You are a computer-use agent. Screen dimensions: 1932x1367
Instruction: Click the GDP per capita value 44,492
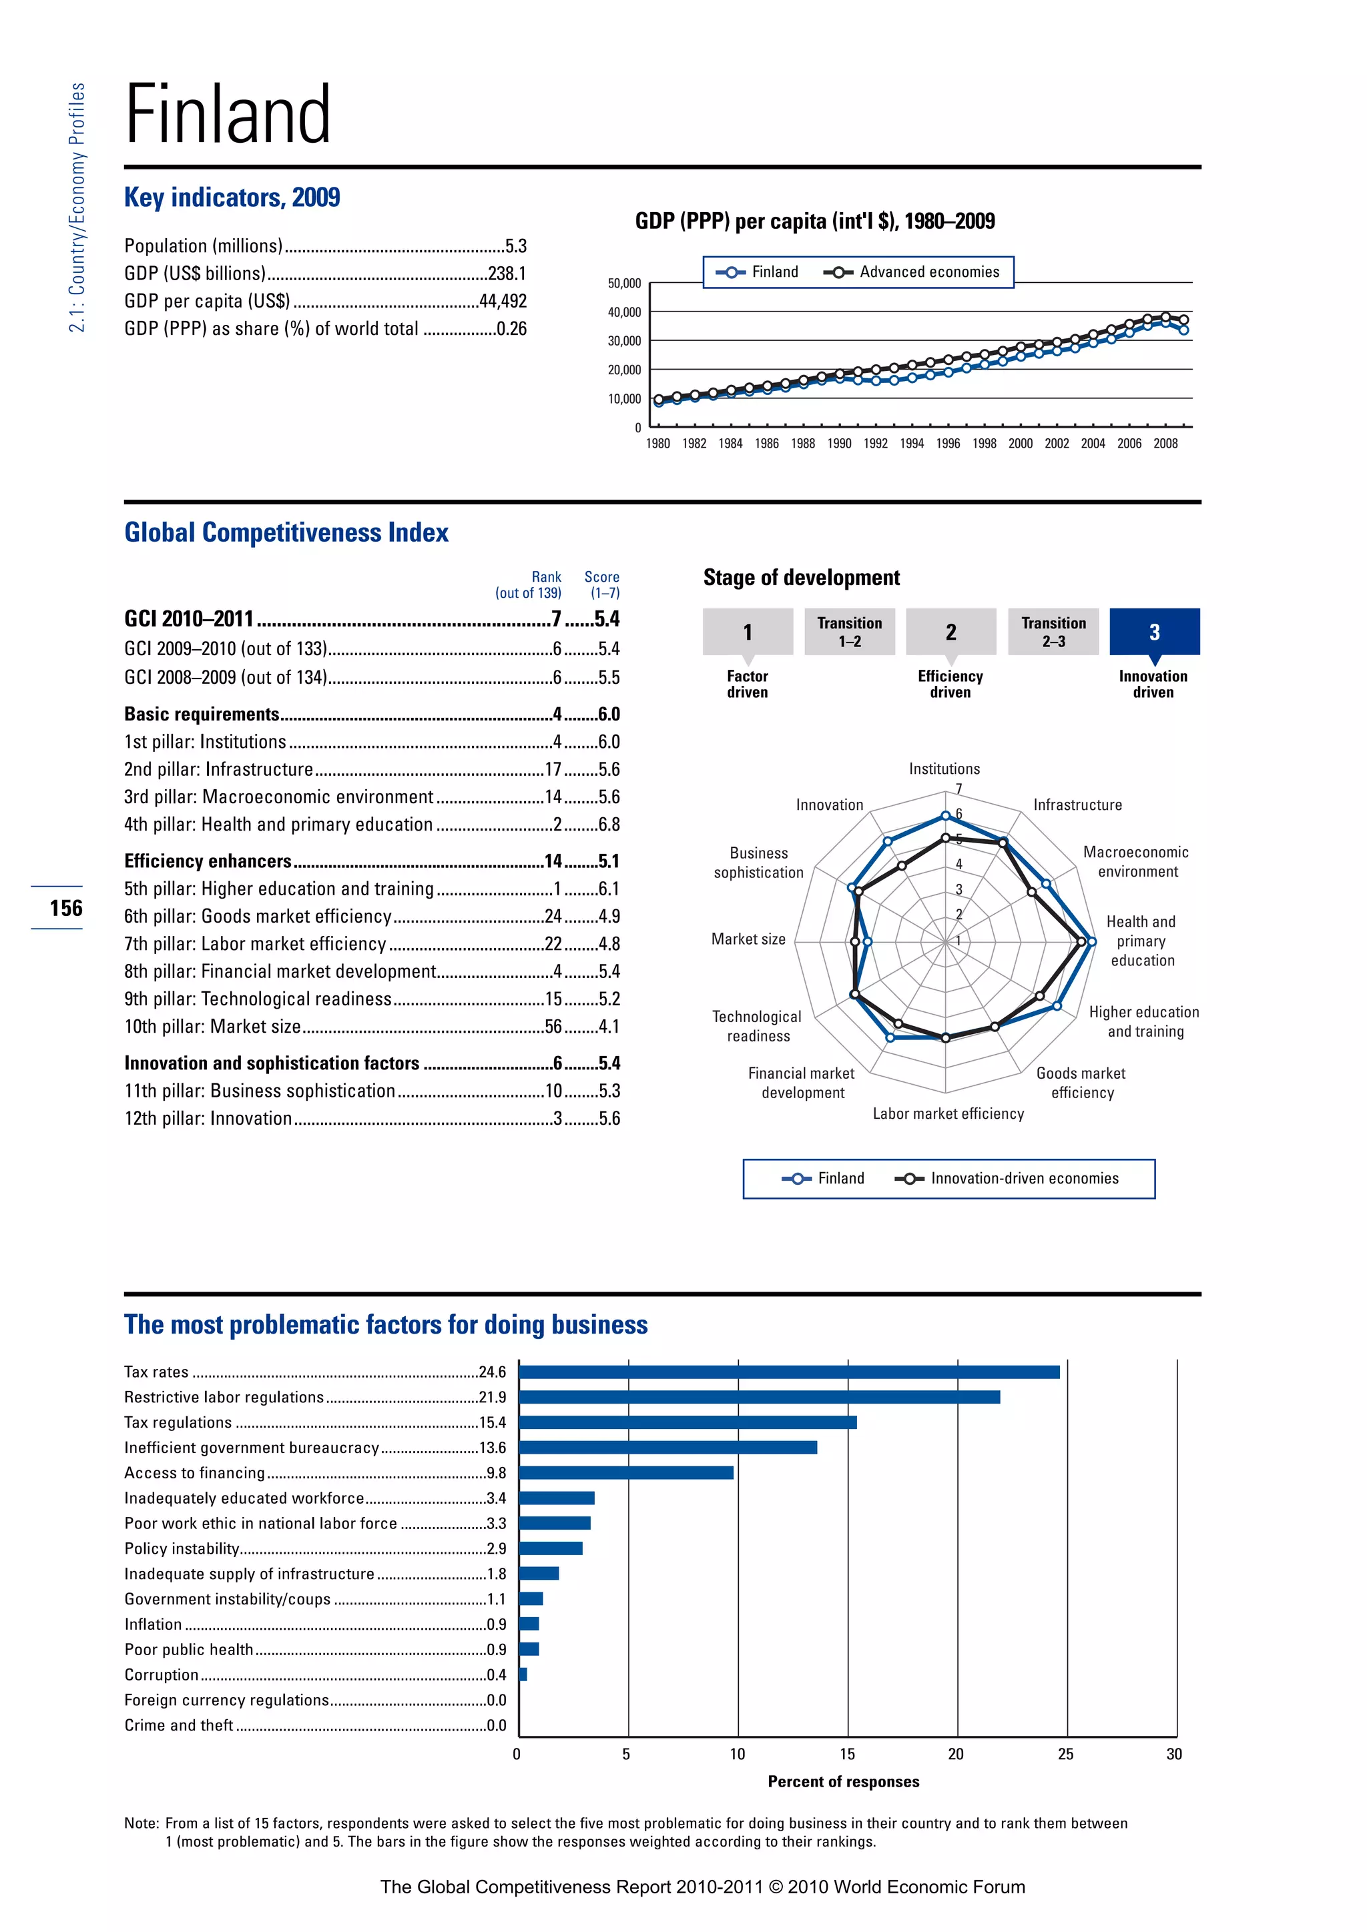[503, 302]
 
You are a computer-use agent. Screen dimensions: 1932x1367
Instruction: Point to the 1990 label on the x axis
[838, 444]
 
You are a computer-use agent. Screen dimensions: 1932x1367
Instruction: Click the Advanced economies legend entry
[912, 272]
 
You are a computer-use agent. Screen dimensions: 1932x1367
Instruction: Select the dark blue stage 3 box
[1154, 632]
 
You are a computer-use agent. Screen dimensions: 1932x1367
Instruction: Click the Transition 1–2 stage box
[849, 632]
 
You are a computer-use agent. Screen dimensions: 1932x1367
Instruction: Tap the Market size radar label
[748, 939]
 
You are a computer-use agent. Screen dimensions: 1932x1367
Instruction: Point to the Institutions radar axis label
[944, 769]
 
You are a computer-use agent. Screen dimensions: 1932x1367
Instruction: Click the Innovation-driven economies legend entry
[1009, 1179]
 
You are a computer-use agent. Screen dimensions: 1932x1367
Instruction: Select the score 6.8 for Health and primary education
[609, 825]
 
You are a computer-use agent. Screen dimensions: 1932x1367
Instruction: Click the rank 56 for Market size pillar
[553, 1027]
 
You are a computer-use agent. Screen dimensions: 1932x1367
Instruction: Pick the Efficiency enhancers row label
[208, 861]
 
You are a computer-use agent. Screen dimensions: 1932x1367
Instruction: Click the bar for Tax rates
[789, 1372]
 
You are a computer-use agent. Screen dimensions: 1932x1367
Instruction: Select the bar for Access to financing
[625, 1472]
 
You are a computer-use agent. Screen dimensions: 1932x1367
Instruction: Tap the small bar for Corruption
[523, 1674]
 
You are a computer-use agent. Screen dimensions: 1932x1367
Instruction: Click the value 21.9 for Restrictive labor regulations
[493, 1397]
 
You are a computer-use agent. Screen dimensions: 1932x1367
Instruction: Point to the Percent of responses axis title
[844, 1781]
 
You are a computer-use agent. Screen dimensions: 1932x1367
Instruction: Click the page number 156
[65, 908]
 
